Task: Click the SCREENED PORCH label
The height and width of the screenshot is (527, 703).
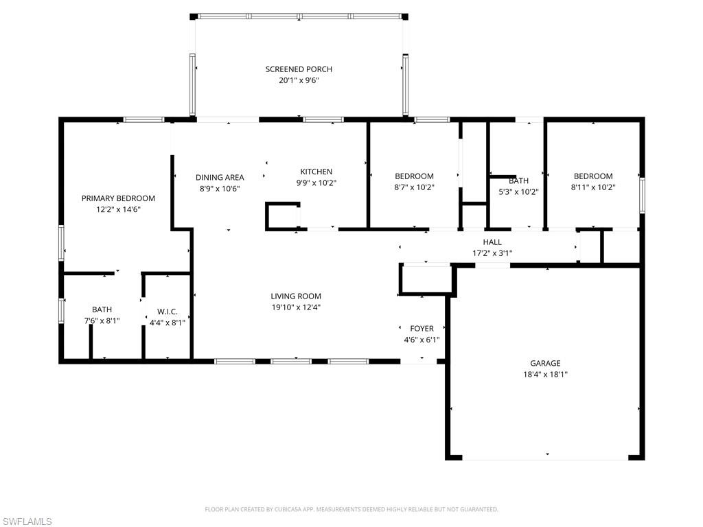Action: tap(299, 69)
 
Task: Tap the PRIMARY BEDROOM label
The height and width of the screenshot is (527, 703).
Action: tap(118, 198)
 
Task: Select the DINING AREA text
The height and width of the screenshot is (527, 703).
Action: tap(220, 178)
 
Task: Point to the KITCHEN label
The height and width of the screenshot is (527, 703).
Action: tap(316, 172)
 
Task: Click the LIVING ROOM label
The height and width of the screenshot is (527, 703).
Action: tap(296, 296)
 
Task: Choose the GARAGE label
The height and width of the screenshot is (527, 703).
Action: tap(545, 364)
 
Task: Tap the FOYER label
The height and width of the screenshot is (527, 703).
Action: tap(422, 329)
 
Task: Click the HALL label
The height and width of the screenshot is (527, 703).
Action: tap(492, 242)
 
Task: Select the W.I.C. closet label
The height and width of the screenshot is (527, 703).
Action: tap(168, 312)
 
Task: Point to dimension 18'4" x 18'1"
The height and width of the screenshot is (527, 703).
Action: tap(545, 375)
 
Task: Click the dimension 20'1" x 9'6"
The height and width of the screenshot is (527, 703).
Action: tap(299, 81)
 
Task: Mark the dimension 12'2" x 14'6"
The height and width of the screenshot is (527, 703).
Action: tap(118, 209)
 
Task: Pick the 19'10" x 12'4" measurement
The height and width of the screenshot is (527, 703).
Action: tap(296, 307)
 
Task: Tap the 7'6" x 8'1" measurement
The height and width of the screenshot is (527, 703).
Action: tap(102, 321)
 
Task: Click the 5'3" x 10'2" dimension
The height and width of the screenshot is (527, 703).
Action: tap(519, 192)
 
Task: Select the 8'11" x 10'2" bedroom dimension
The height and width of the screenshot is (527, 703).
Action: tap(593, 187)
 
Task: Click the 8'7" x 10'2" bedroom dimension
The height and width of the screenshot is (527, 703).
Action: tap(414, 187)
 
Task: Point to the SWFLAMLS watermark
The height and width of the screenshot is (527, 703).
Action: tap(26, 522)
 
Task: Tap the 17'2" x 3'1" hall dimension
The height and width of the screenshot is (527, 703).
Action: tap(492, 253)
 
